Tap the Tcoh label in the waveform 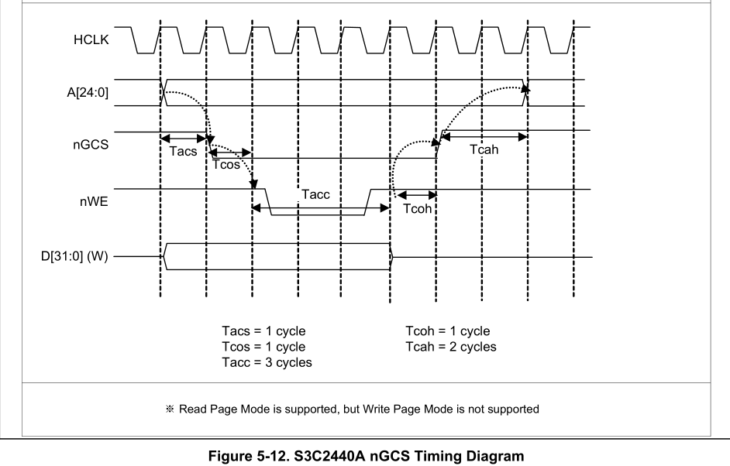click(x=416, y=208)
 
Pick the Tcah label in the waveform click(x=484, y=150)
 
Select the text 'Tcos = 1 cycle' click(x=263, y=347)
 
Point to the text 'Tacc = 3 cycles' click(x=267, y=362)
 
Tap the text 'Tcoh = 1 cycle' click(x=447, y=331)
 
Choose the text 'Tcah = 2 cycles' click(x=450, y=347)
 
